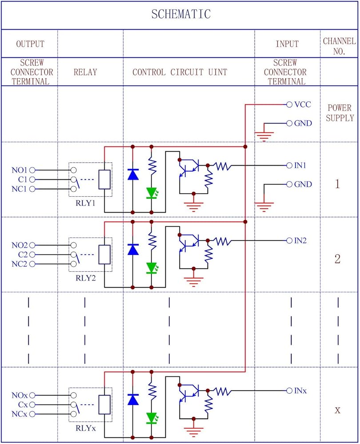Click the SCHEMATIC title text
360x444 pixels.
click(180, 15)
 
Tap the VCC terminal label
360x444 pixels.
click(303, 105)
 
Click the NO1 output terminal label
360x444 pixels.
click(20, 170)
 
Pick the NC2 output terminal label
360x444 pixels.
click(20, 264)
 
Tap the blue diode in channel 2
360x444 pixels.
click(132, 249)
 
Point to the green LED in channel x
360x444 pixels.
click(152, 418)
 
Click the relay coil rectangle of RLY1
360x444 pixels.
click(104, 179)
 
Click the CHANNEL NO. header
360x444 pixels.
click(339, 46)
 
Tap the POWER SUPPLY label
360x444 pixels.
click(339, 113)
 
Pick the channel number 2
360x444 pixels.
click(337, 259)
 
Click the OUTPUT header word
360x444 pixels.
click(30, 44)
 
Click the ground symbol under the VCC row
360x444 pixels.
click(264, 135)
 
